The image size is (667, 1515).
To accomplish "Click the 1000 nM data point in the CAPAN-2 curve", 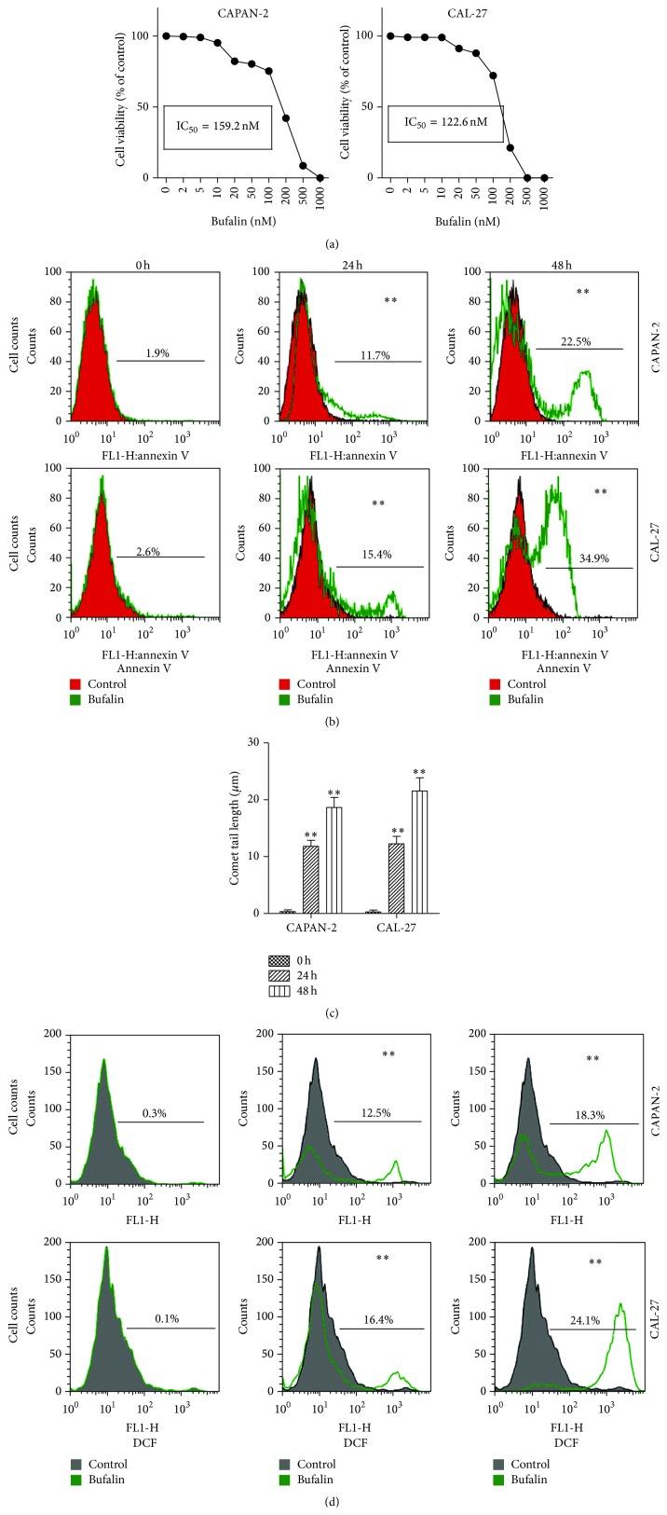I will [x=320, y=177].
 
